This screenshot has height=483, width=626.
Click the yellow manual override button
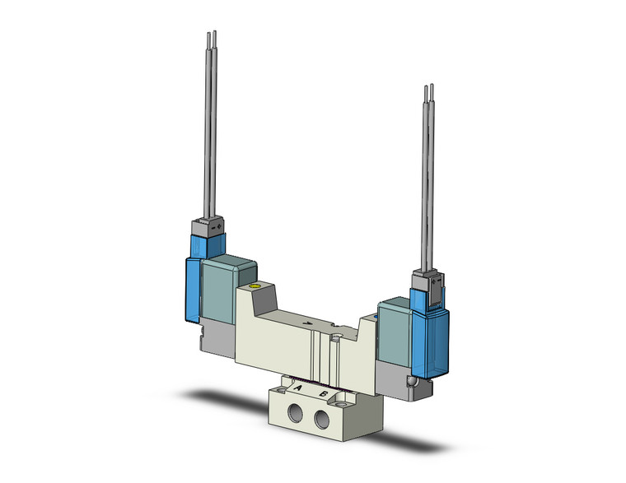pos(254,288)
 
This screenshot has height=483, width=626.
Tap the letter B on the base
pos(325,393)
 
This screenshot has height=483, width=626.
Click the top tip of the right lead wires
pos(429,87)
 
